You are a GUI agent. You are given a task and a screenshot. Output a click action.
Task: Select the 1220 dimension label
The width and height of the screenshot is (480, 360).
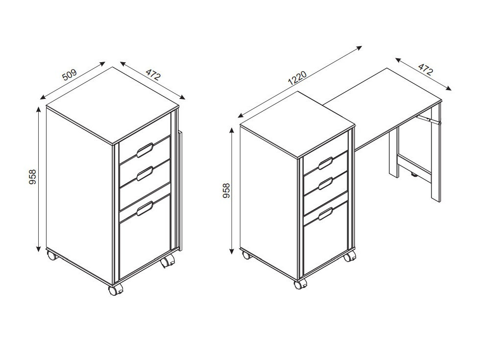(x=297, y=78)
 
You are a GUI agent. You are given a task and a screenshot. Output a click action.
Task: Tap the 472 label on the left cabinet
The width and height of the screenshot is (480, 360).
(x=153, y=74)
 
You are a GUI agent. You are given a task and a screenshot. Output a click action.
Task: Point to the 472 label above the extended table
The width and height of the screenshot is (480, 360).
(x=426, y=70)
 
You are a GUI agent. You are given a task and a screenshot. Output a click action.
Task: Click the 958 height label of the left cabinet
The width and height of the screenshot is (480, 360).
(x=32, y=177)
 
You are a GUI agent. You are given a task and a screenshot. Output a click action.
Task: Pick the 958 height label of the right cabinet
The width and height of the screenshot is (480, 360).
(x=226, y=191)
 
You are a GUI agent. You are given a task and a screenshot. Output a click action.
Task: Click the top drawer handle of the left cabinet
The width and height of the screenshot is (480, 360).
(x=145, y=150)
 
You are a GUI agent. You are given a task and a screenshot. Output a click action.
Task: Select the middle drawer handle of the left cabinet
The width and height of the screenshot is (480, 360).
(x=145, y=173)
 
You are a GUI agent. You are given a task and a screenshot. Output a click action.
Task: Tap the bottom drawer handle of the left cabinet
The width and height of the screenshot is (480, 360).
(x=145, y=209)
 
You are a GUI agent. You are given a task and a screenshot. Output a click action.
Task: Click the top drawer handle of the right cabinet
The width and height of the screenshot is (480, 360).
(x=325, y=164)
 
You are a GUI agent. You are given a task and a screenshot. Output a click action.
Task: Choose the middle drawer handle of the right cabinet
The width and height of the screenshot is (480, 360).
(x=325, y=183)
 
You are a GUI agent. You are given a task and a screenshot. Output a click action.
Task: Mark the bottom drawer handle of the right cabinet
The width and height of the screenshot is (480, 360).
(x=325, y=214)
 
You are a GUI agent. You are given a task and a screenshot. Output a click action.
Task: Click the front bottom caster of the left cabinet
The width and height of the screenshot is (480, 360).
(x=116, y=289)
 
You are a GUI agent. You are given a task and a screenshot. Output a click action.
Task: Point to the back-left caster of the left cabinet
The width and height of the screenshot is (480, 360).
(x=52, y=255)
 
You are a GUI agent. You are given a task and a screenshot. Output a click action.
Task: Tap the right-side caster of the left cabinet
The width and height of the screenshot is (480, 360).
(x=168, y=262)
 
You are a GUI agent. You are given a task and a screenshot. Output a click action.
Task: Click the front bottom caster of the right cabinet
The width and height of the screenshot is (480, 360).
(x=300, y=285)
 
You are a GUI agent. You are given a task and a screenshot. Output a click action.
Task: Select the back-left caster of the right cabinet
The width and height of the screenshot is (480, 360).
(x=246, y=255)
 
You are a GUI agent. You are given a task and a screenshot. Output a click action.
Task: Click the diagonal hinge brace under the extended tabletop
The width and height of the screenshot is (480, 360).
(x=429, y=120)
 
